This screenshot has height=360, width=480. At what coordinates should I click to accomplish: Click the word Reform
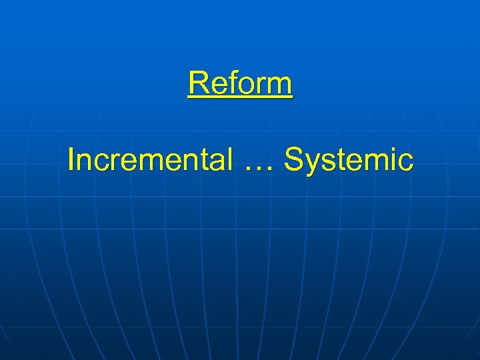[240, 84]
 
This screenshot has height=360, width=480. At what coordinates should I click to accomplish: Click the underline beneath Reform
[240, 98]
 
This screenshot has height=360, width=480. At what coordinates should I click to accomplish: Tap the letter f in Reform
[230, 84]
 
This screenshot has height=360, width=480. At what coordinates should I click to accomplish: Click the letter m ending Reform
[279, 86]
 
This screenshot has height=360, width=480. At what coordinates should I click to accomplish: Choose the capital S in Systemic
[294, 160]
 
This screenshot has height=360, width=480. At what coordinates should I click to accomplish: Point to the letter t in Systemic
[341, 161]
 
